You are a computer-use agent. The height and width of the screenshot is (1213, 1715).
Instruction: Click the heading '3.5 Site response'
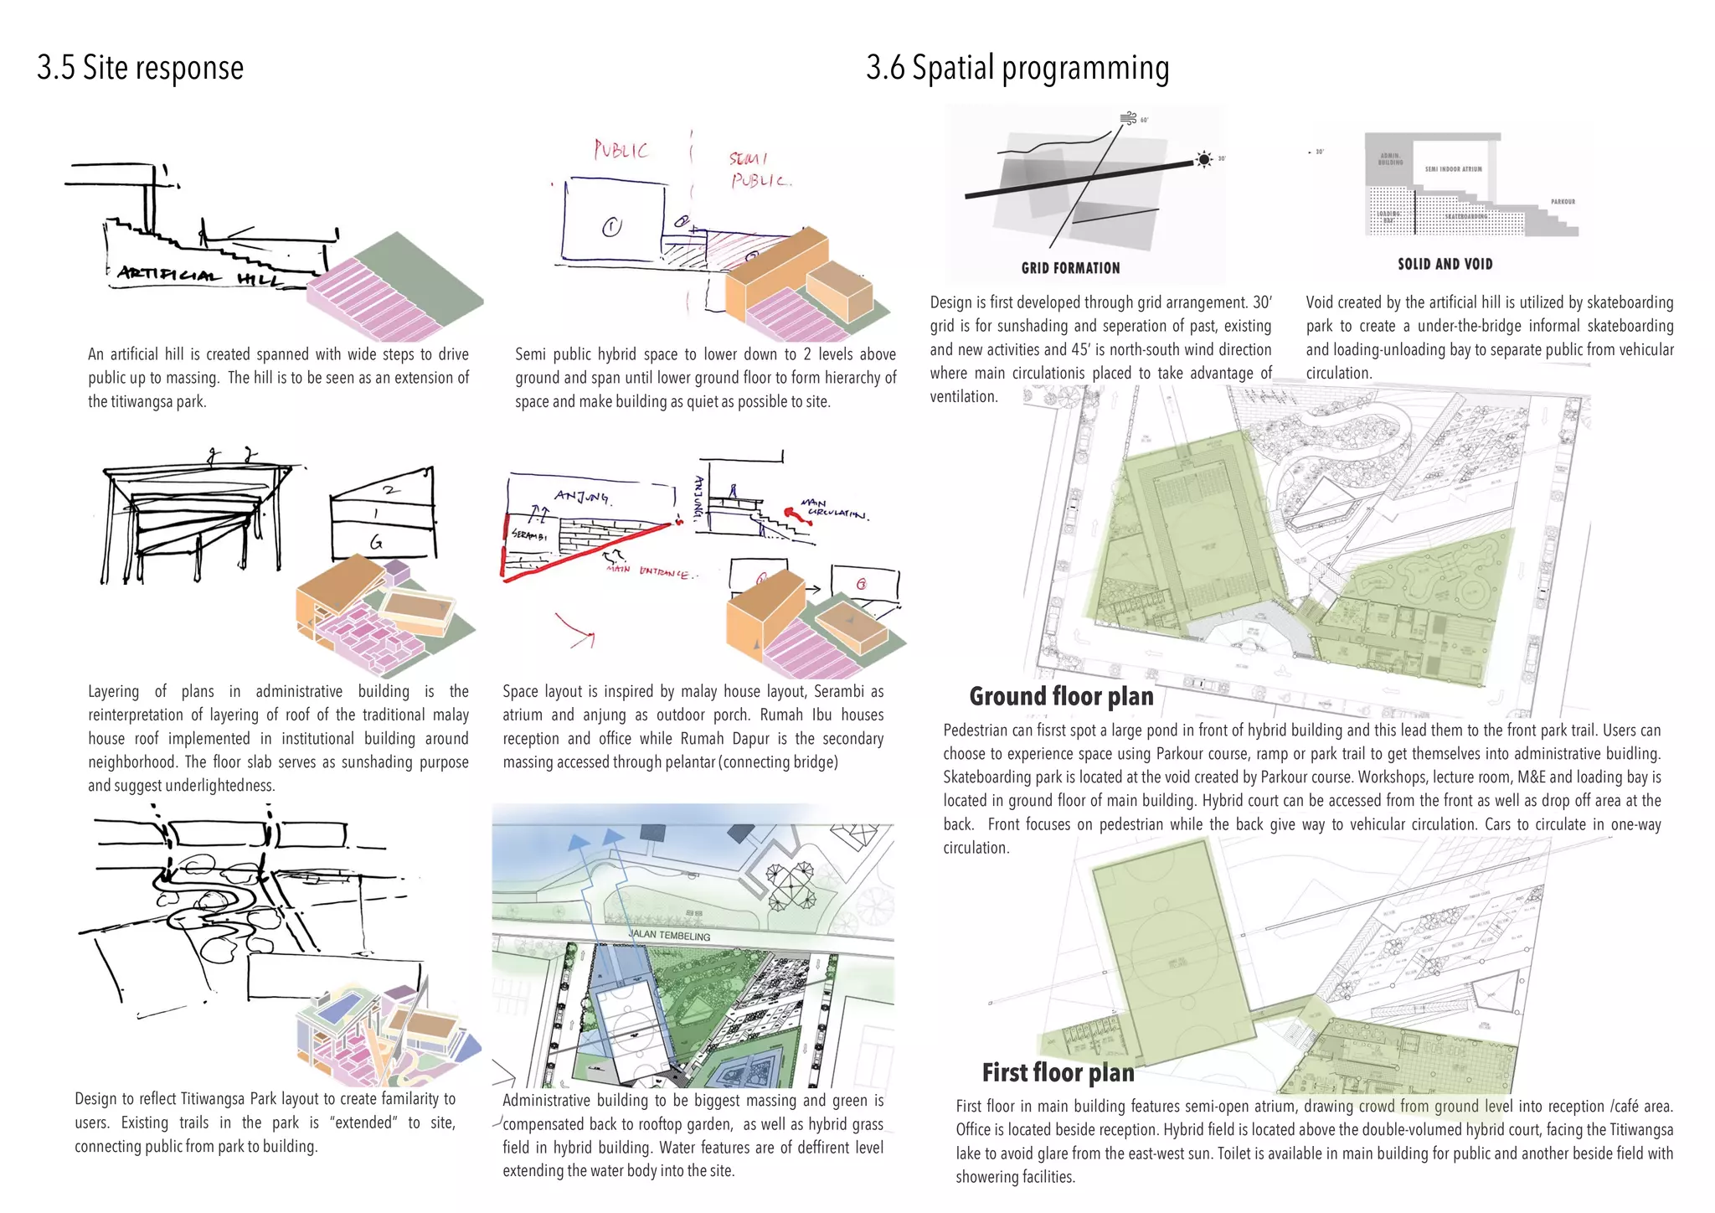point(140,68)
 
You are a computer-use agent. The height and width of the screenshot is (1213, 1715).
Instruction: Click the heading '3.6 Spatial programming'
point(1017,68)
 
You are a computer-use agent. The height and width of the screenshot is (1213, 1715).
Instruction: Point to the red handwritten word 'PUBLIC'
point(621,150)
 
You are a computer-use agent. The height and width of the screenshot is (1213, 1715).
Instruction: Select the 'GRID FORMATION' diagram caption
point(1069,268)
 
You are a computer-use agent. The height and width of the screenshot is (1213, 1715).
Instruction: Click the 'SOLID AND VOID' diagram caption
point(1445,264)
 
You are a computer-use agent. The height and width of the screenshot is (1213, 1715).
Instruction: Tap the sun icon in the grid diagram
point(1203,159)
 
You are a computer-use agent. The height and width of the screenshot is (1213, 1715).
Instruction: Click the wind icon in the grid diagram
point(1128,118)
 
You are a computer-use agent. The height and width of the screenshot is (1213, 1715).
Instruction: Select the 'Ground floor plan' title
point(1061,696)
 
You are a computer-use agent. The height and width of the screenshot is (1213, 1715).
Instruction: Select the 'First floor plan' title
point(1058,1072)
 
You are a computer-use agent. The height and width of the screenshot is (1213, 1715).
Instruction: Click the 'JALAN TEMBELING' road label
point(669,935)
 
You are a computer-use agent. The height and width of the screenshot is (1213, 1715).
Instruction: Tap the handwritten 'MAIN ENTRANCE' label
point(650,572)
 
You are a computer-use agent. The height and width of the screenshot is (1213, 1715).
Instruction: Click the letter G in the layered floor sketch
point(376,543)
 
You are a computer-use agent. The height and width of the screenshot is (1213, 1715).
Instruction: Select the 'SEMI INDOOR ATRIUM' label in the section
point(1453,169)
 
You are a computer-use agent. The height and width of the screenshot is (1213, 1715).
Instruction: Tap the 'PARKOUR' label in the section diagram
point(1563,202)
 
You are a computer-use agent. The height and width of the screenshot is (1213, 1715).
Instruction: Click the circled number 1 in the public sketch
point(612,227)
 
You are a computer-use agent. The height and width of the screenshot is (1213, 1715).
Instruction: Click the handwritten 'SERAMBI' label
point(528,535)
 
